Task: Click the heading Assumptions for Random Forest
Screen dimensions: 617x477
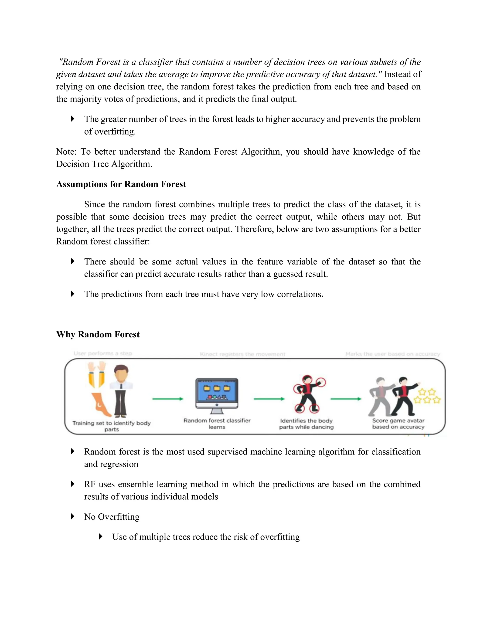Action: [x=121, y=184]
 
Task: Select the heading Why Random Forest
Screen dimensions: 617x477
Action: [x=98, y=335]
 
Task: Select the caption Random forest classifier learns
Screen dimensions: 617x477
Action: [x=217, y=424]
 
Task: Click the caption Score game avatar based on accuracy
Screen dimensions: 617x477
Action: [x=398, y=424]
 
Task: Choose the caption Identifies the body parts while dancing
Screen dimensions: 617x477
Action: [x=306, y=424]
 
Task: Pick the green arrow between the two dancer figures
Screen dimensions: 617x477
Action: [x=346, y=399]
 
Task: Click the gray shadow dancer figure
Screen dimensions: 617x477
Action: [x=380, y=397]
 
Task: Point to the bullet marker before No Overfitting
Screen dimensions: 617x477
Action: [x=73, y=517]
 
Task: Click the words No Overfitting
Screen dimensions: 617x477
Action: [x=112, y=517]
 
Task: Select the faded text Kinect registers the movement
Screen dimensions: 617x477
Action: [x=242, y=354]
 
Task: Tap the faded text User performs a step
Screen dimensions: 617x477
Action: [x=102, y=353]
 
